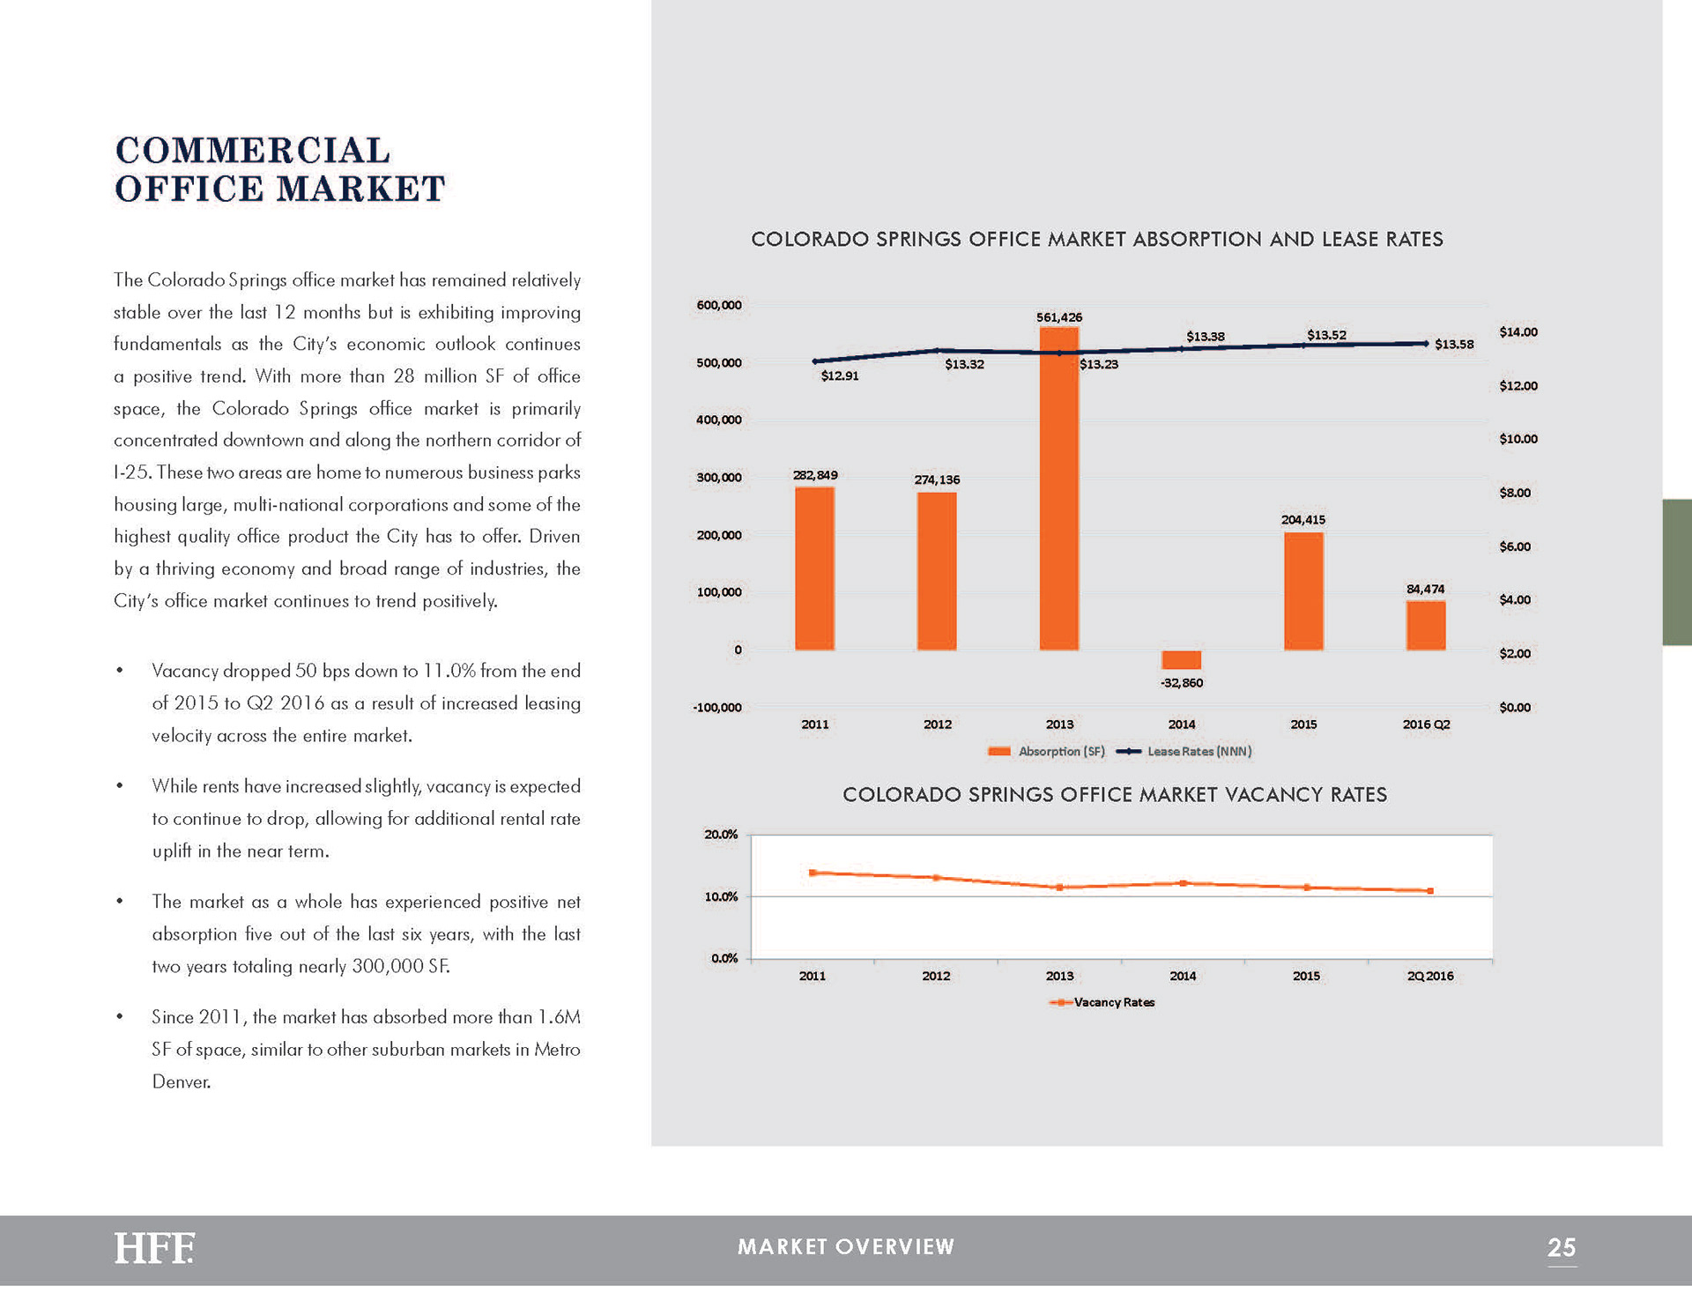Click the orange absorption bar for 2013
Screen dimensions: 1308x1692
(1058, 489)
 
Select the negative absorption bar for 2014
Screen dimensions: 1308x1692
(1181, 659)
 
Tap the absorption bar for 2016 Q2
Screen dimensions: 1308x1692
(1425, 626)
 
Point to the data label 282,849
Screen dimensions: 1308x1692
(815, 475)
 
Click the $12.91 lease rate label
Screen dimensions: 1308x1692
(839, 375)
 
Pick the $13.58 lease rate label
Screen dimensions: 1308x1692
(1453, 345)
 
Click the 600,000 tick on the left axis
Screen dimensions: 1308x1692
(719, 305)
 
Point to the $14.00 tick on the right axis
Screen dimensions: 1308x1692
(1518, 332)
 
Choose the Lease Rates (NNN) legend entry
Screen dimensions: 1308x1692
(1184, 751)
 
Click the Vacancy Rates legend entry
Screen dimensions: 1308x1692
(1103, 1002)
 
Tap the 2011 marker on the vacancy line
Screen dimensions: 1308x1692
(813, 873)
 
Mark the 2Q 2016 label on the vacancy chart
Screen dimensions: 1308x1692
(1430, 976)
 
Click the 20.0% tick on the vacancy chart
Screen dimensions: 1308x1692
(721, 834)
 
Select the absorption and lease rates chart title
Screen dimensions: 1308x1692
(1096, 240)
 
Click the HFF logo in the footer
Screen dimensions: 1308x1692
(154, 1248)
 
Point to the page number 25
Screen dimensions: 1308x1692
(1561, 1247)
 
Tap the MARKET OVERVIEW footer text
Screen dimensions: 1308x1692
(846, 1246)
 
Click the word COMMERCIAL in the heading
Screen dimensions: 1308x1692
(253, 151)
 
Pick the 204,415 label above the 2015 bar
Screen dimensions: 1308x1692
(1302, 520)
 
